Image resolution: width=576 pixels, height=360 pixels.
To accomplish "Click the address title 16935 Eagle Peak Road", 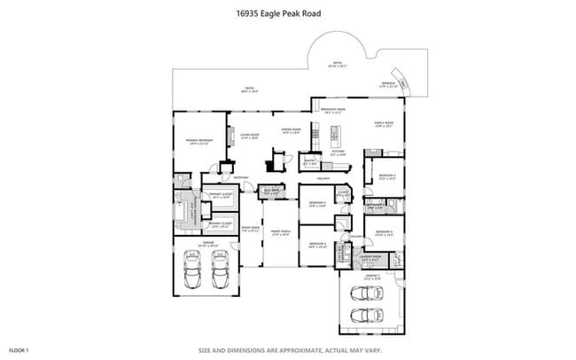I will pos(277,13).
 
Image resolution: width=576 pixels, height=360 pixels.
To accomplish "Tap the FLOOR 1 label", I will pos(19,349).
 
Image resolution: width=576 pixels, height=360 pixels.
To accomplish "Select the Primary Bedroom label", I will pos(197,141).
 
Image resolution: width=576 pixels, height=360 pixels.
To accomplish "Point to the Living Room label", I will pos(249,136).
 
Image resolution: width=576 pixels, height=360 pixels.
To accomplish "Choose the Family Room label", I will pos(384,125).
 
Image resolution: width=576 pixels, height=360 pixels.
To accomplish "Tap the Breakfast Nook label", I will pos(333,111).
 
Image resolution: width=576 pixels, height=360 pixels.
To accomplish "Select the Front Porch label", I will pos(280,233).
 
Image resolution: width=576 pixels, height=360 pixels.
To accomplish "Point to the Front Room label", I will pos(249,228).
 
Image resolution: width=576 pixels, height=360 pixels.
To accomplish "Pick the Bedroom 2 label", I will pos(386,176).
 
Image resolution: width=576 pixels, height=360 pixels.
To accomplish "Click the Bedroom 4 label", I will pos(383,232).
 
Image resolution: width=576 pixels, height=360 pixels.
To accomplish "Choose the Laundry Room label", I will pos(370,258).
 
